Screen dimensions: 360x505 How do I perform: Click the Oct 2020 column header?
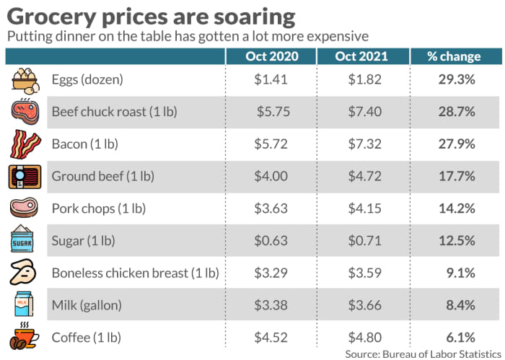click(x=271, y=57)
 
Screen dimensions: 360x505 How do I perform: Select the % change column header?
click(x=454, y=57)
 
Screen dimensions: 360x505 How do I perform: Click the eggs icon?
click(x=25, y=80)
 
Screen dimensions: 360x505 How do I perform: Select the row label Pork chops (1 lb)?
click(x=99, y=208)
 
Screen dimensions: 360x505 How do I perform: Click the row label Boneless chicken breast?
click(x=135, y=273)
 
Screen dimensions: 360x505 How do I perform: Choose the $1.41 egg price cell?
click(x=271, y=79)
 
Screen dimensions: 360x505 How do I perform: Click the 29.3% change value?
click(x=457, y=79)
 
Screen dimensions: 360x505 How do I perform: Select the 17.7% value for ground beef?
click(x=457, y=176)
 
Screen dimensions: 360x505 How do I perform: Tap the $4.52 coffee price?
click(x=271, y=338)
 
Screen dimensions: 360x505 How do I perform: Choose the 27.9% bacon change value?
click(x=457, y=144)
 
